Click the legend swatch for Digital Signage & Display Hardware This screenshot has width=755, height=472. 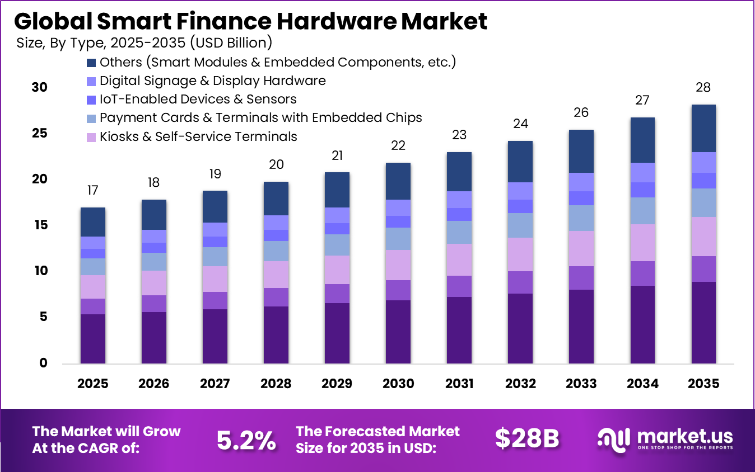click(92, 81)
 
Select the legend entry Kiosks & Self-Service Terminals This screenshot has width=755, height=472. click(198, 136)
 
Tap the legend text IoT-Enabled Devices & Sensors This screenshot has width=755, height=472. click(198, 100)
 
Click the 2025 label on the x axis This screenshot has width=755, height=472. click(92, 384)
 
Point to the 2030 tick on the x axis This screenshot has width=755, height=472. click(398, 384)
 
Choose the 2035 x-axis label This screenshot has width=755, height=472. click(703, 384)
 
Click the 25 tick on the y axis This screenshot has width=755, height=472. click(39, 134)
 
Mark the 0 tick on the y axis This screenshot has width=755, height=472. click(43, 364)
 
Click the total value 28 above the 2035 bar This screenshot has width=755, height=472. click(703, 88)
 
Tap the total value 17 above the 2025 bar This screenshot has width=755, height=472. click(92, 191)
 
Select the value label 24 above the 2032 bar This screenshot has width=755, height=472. click(520, 124)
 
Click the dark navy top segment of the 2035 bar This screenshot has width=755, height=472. click(703, 128)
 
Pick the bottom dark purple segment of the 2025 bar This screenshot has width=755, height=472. click(92, 338)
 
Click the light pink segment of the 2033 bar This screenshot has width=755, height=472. click(581, 248)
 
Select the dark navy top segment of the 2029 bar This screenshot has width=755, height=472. click(337, 190)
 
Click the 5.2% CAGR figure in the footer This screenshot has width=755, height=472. click(246, 441)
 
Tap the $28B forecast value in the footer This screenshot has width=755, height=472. click(526, 440)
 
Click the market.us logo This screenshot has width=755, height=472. click(665, 439)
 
